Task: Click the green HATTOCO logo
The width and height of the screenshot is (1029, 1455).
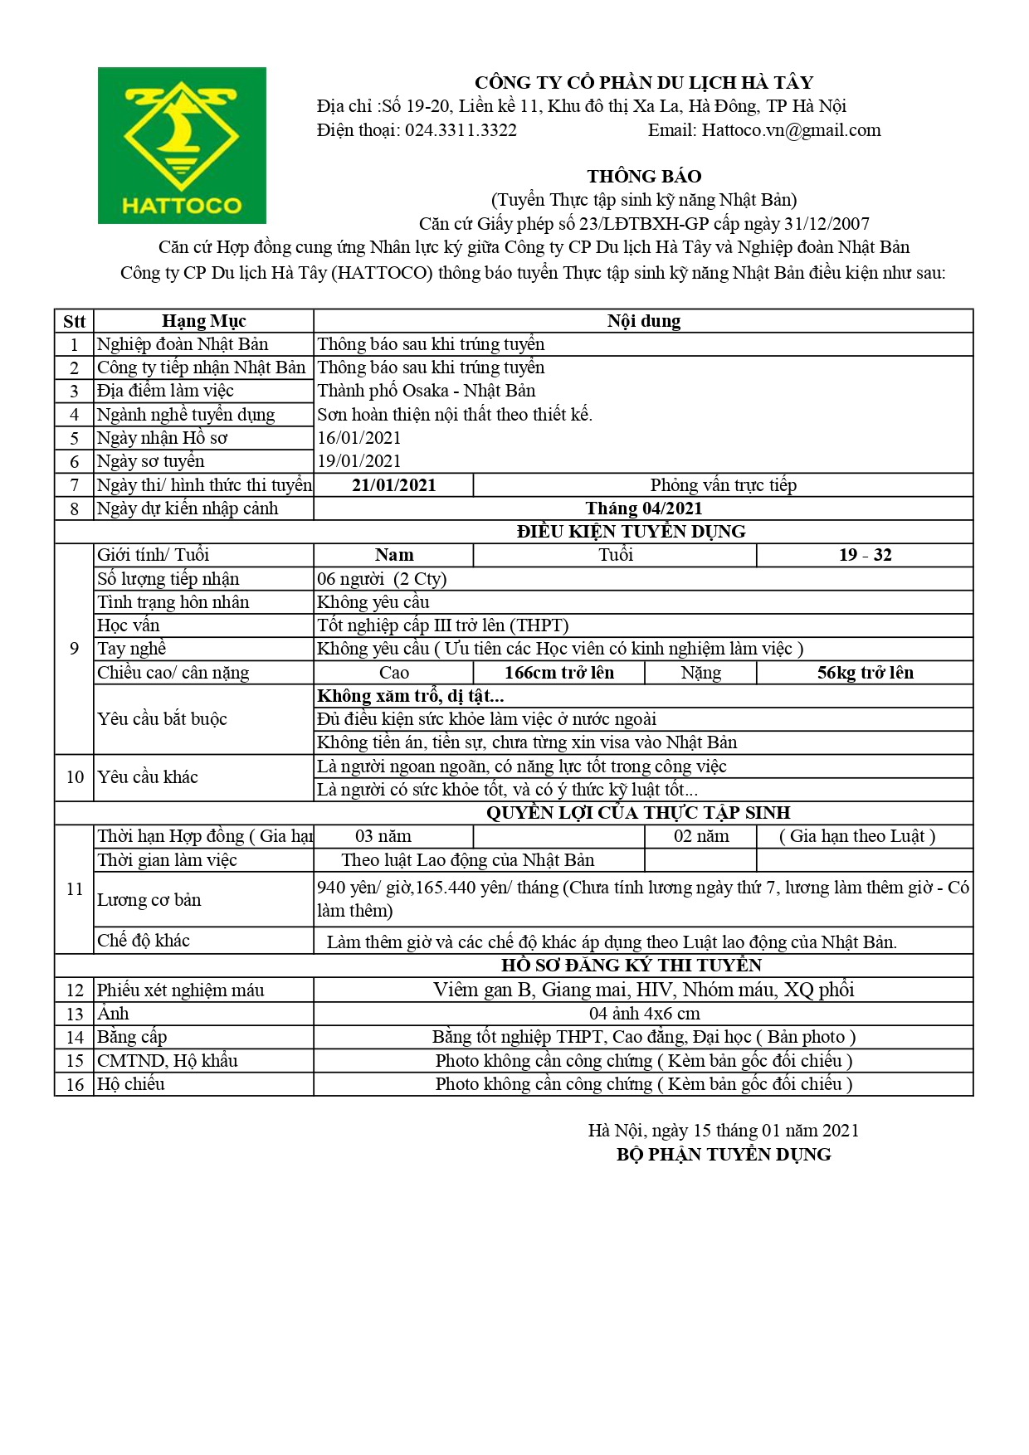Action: pos(182,145)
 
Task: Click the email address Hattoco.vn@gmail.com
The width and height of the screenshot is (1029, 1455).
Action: pos(791,130)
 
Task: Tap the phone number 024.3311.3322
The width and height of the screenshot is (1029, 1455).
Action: pos(461,130)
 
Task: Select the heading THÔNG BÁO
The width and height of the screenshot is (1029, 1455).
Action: pos(644,176)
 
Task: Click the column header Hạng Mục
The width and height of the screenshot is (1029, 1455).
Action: pos(203,321)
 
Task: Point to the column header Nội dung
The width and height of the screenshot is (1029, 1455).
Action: pos(643,321)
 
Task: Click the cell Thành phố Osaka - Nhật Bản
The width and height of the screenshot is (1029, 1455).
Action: pos(427,391)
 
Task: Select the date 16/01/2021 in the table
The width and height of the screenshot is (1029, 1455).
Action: pos(359,438)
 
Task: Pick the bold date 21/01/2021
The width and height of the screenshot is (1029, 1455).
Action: pos(393,485)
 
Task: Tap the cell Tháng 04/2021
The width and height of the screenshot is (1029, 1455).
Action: pos(643,509)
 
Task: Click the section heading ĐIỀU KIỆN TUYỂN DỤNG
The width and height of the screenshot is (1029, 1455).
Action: pos(631,532)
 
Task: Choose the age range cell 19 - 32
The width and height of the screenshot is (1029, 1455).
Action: pos(865,555)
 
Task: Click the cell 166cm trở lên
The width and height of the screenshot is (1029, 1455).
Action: pos(558,673)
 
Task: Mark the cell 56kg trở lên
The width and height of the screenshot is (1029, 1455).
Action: pos(865,673)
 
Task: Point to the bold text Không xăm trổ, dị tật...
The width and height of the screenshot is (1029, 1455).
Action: pos(411,696)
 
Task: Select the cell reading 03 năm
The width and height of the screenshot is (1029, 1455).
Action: pos(383,836)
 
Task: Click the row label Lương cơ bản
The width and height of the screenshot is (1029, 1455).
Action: pos(149,900)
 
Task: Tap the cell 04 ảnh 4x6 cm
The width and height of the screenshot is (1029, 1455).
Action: pos(644,1014)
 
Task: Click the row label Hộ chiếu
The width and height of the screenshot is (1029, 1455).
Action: pos(131,1084)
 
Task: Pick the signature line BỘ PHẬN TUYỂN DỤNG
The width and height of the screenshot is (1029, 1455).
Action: pos(724,1155)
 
